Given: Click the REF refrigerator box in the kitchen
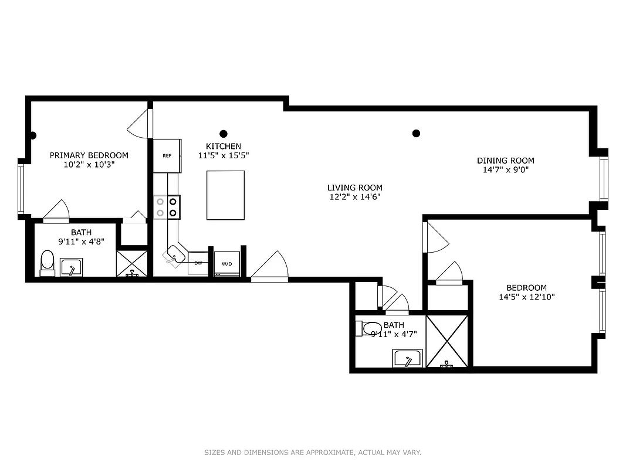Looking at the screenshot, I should tap(167, 156).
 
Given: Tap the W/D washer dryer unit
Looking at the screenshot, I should tap(226, 263).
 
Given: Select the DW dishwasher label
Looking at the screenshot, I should tap(198, 263).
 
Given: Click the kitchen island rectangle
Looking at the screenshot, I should tap(225, 195).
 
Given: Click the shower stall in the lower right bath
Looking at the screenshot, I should tap(446, 341).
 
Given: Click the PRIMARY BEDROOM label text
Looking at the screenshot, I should tap(89, 155).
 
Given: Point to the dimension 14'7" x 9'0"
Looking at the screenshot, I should tap(505, 171).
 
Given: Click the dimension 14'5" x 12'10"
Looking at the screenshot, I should tap(526, 297).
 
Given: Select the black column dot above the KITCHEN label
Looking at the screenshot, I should tap(223, 134).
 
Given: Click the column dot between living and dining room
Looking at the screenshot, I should tap(416, 134).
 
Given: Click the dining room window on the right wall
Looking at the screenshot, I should tap(604, 179).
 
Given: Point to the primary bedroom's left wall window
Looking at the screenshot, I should tap(21, 189).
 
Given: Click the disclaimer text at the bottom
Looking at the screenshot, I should tap(313, 452).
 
